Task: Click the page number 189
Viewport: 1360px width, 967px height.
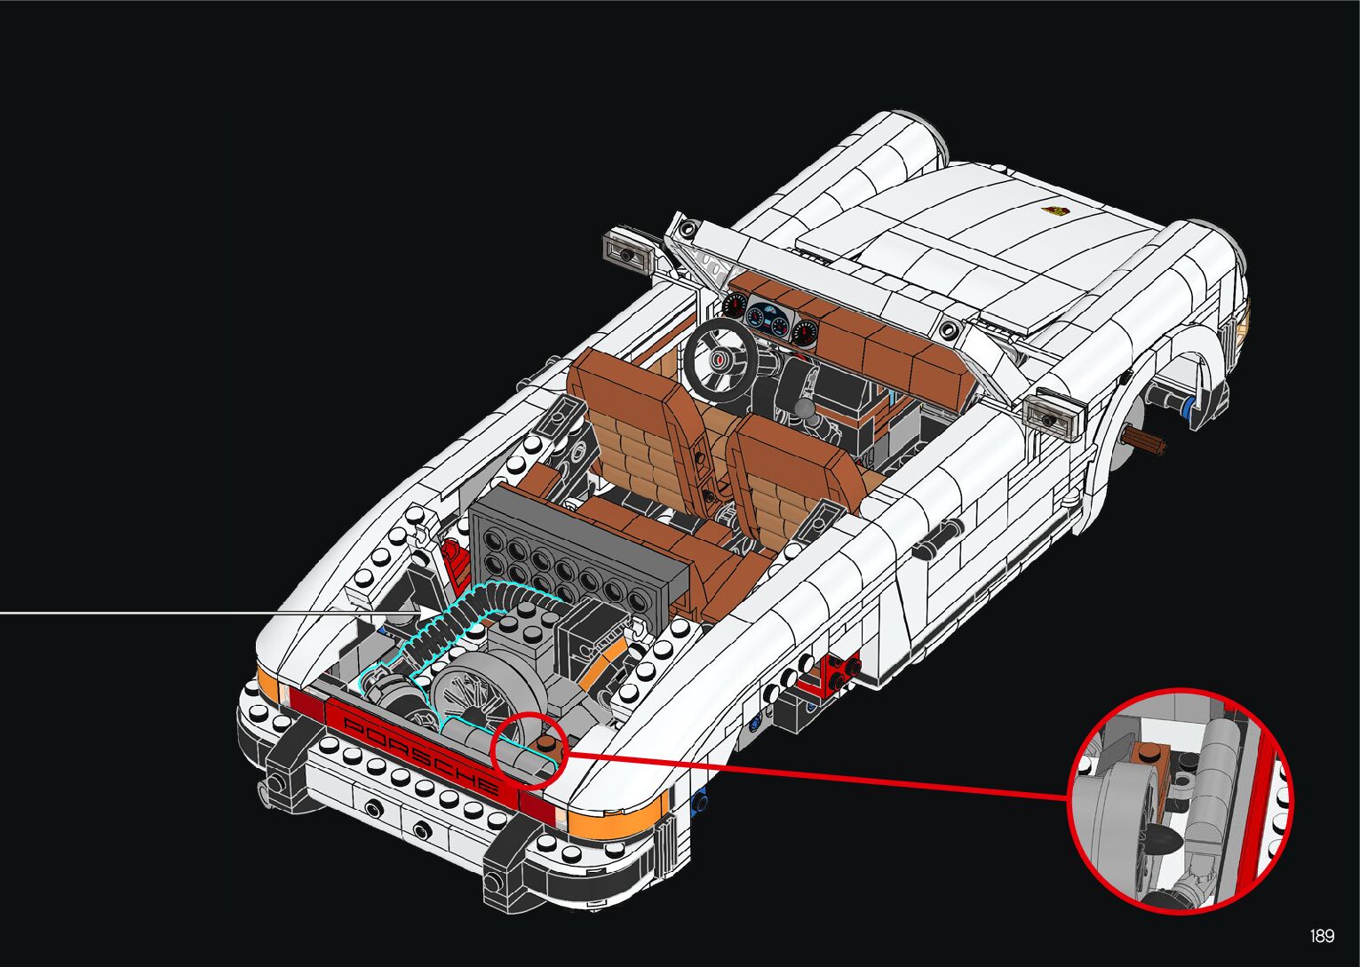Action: (x=1322, y=937)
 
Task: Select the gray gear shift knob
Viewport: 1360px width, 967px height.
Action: (x=806, y=409)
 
